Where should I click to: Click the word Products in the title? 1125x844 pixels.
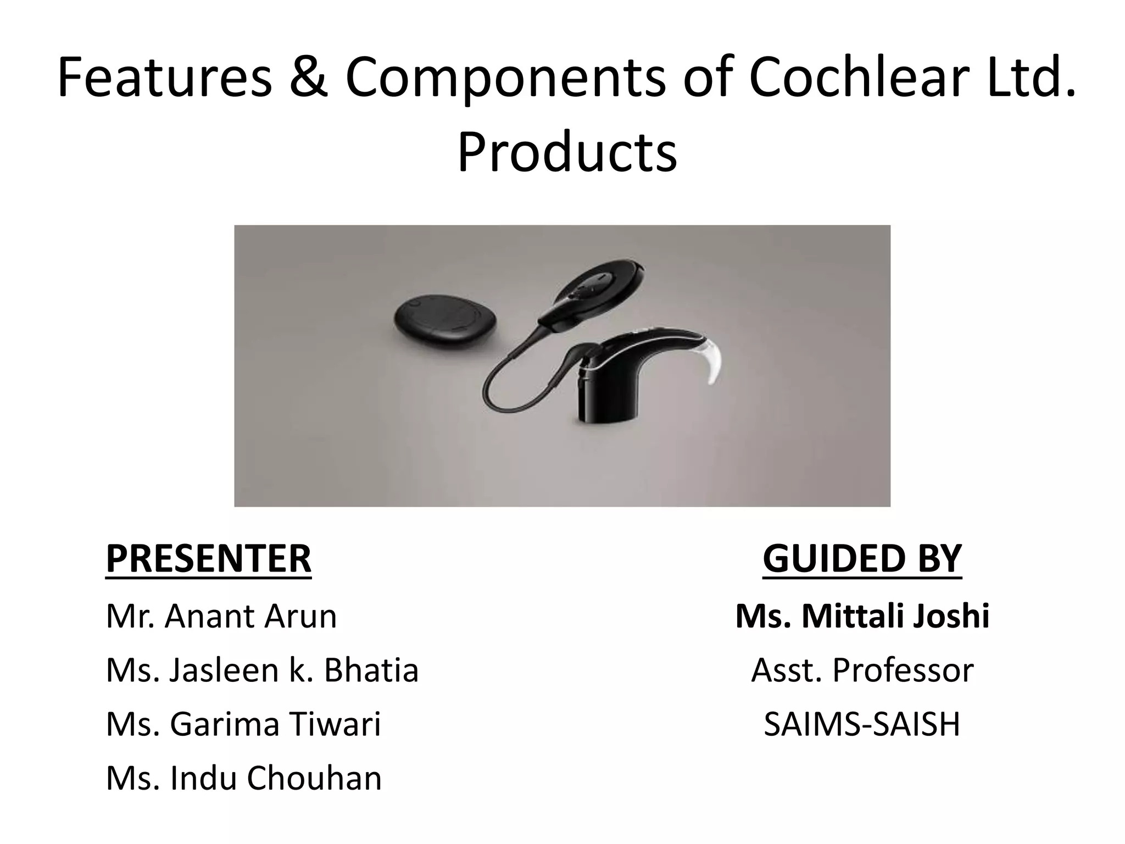[x=567, y=152]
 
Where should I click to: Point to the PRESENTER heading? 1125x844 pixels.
[x=208, y=559]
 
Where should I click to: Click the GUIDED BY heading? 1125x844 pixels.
[x=862, y=559]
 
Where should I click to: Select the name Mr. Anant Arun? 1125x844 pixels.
[x=221, y=616]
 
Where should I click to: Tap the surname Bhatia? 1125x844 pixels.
[x=371, y=670]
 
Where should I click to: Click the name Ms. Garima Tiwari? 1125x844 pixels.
[x=243, y=724]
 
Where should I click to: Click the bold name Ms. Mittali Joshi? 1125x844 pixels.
[x=862, y=616]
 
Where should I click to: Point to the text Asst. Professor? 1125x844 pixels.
[x=862, y=670]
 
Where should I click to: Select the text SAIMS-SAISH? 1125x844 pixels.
[x=862, y=724]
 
